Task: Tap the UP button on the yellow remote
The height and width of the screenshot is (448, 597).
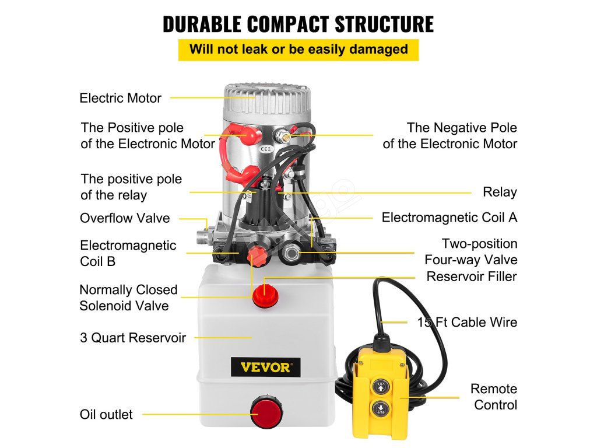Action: click(381, 386)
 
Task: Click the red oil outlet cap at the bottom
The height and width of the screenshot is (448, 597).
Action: click(265, 411)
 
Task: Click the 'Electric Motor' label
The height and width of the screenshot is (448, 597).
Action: click(120, 98)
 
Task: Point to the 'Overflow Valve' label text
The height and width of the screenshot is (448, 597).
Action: click(125, 218)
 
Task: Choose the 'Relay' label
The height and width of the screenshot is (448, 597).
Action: click(500, 192)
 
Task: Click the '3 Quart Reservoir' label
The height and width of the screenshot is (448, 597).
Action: click(132, 337)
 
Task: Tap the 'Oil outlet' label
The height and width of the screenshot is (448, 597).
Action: click(106, 415)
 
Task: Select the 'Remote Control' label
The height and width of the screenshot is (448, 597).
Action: click(494, 397)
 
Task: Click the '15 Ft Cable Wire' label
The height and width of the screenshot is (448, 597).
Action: click(467, 322)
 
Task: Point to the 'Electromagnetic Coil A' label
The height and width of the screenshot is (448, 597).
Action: click(449, 218)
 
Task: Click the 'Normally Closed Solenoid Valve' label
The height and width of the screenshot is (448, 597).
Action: click(128, 297)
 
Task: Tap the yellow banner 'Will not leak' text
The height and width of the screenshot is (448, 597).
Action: click(298, 49)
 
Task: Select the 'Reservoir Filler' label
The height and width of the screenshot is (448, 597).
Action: click(471, 276)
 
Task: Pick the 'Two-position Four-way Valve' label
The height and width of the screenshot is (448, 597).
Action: click(470, 251)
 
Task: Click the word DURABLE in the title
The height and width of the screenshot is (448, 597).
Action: click(202, 24)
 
